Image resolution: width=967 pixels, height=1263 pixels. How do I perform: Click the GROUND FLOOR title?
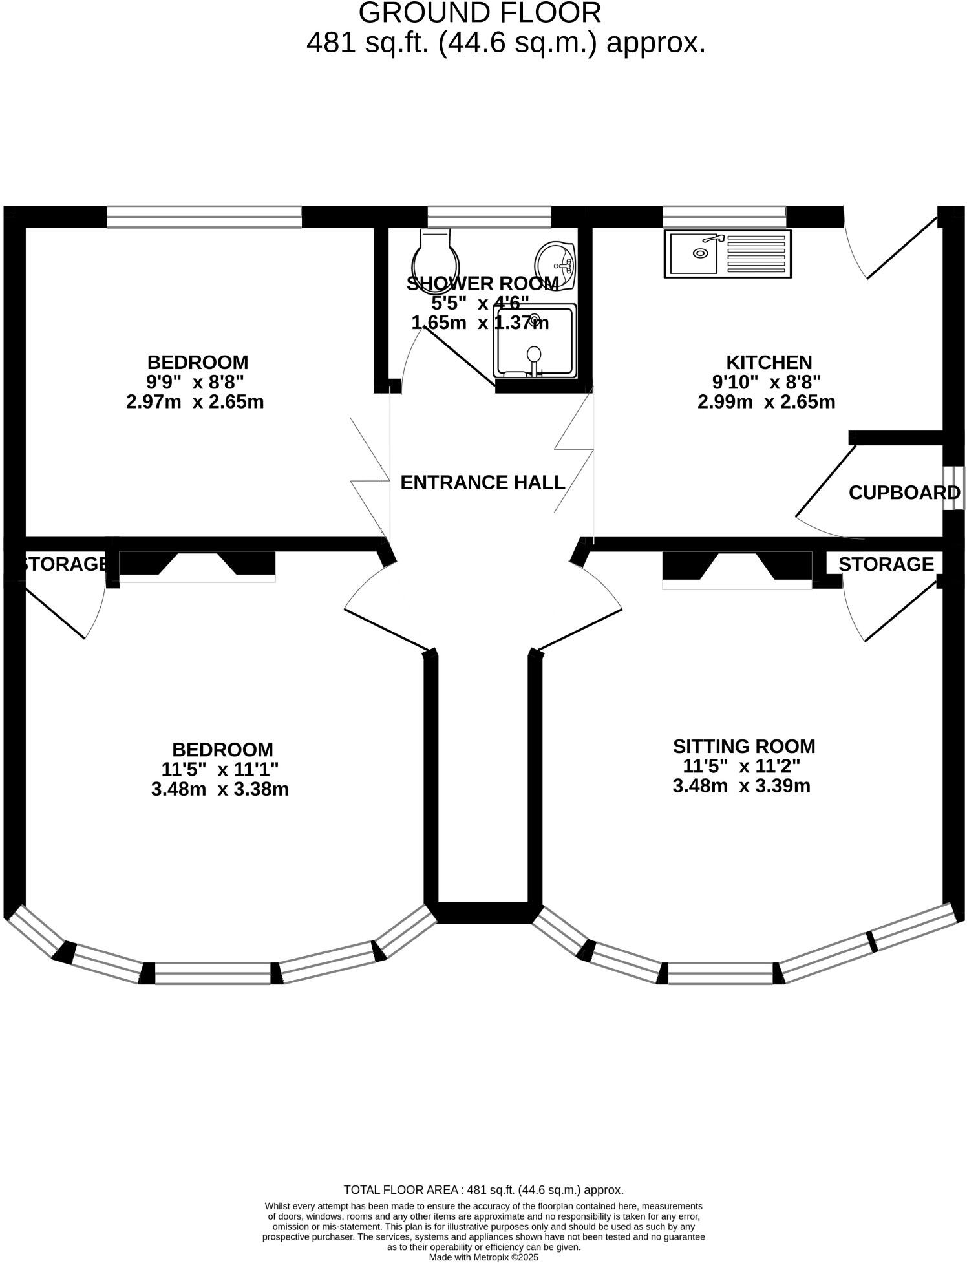coord(480,13)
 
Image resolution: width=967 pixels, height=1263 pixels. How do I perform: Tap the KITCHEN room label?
coord(769,362)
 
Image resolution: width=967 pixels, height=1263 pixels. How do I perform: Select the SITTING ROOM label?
coord(744,747)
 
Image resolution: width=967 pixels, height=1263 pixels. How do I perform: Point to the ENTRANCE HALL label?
coord(483,482)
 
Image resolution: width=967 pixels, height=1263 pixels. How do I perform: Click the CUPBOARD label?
coord(904,493)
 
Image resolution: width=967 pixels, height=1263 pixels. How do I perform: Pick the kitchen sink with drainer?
coord(728,254)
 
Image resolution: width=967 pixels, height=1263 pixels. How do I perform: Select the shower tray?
coord(535,343)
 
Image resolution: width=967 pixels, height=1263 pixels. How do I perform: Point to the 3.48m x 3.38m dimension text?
coord(220,789)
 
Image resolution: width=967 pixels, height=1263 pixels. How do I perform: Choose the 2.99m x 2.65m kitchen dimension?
coord(766,401)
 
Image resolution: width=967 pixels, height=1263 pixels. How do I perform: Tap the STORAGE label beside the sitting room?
coord(886,564)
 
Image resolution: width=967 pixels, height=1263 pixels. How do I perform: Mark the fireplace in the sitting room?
coord(737,569)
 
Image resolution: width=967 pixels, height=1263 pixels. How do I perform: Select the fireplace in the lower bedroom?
coord(197,565)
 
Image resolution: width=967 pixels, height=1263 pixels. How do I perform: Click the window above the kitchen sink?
coord(724,217)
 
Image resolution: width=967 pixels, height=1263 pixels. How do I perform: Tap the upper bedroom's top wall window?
coord(204,217)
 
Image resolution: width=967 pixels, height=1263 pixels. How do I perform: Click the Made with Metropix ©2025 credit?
coord(483,1257)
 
